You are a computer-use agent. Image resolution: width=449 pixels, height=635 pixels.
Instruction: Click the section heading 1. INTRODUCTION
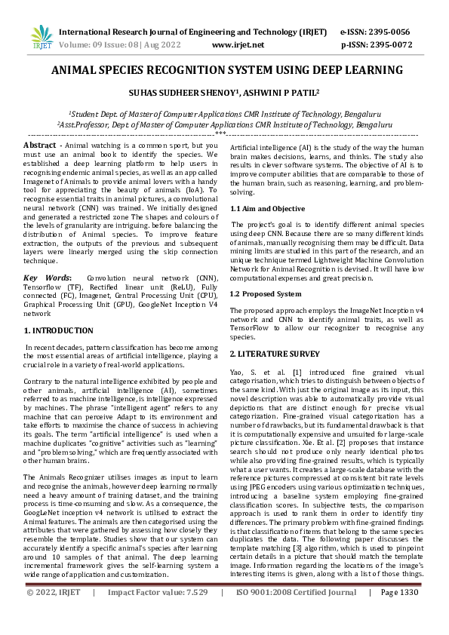(x=58, y=330)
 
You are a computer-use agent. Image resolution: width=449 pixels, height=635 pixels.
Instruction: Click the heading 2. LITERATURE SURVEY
(x=275, y=353)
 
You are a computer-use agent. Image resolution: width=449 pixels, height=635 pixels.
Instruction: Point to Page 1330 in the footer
(x=398, y=614)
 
